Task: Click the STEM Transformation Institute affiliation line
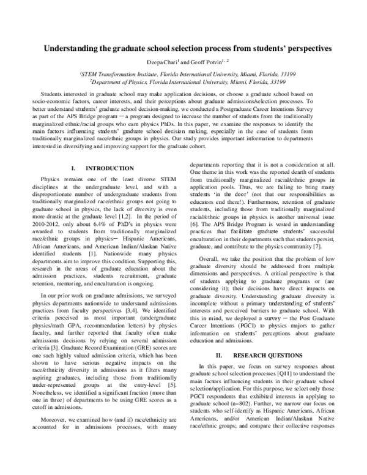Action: (183, 73)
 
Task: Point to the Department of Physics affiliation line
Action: (183, 81)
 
